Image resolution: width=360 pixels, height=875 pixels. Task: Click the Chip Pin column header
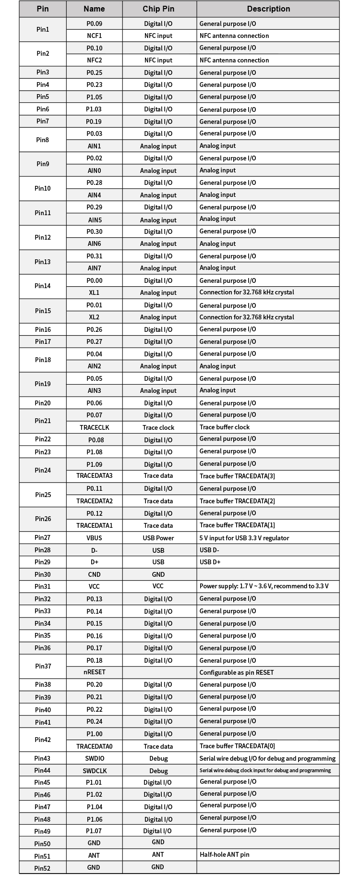[158, 9]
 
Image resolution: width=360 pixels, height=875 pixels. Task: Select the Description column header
[268, 9]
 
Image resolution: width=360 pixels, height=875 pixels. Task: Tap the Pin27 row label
[42, 538]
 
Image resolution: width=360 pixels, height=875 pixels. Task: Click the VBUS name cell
[94, 538]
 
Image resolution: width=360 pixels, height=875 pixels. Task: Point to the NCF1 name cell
[94, 36]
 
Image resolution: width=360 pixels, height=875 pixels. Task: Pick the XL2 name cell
[94, 317]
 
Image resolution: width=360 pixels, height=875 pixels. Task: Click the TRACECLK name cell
[94, 427]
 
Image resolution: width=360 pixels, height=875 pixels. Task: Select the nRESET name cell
[94, 672]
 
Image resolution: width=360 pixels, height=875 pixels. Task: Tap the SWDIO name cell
[94, 758]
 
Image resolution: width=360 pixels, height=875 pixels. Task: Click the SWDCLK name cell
[94, 771]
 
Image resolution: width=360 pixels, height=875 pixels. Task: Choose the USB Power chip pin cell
[158, 538]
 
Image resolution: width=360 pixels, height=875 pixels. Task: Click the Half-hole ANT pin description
[224, 855]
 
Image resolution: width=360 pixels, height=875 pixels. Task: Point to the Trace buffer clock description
[224, 427]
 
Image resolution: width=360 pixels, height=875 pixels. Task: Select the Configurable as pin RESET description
[236, 672]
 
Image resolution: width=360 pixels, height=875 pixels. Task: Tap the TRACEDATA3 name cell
[94, 476]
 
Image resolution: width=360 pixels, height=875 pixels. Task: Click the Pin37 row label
[43, 666]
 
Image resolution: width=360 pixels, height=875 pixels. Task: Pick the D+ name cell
[94, 562]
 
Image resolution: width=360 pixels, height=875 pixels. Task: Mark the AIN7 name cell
[94, 268]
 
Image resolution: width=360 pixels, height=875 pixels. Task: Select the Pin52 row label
[42, 868]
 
